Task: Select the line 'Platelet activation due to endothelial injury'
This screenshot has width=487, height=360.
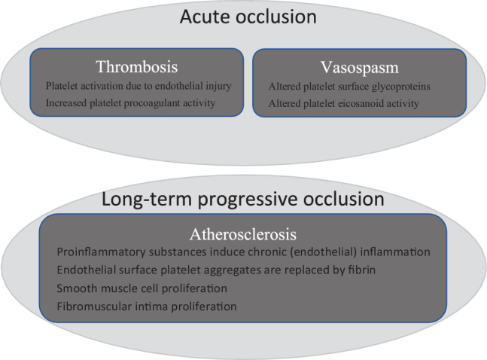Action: pyautogui.click(x=138, y=86)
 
